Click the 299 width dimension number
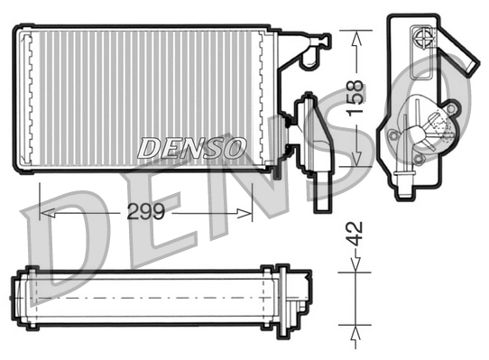click(x=146, y=214)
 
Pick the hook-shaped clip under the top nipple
click(x=309, y=60)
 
